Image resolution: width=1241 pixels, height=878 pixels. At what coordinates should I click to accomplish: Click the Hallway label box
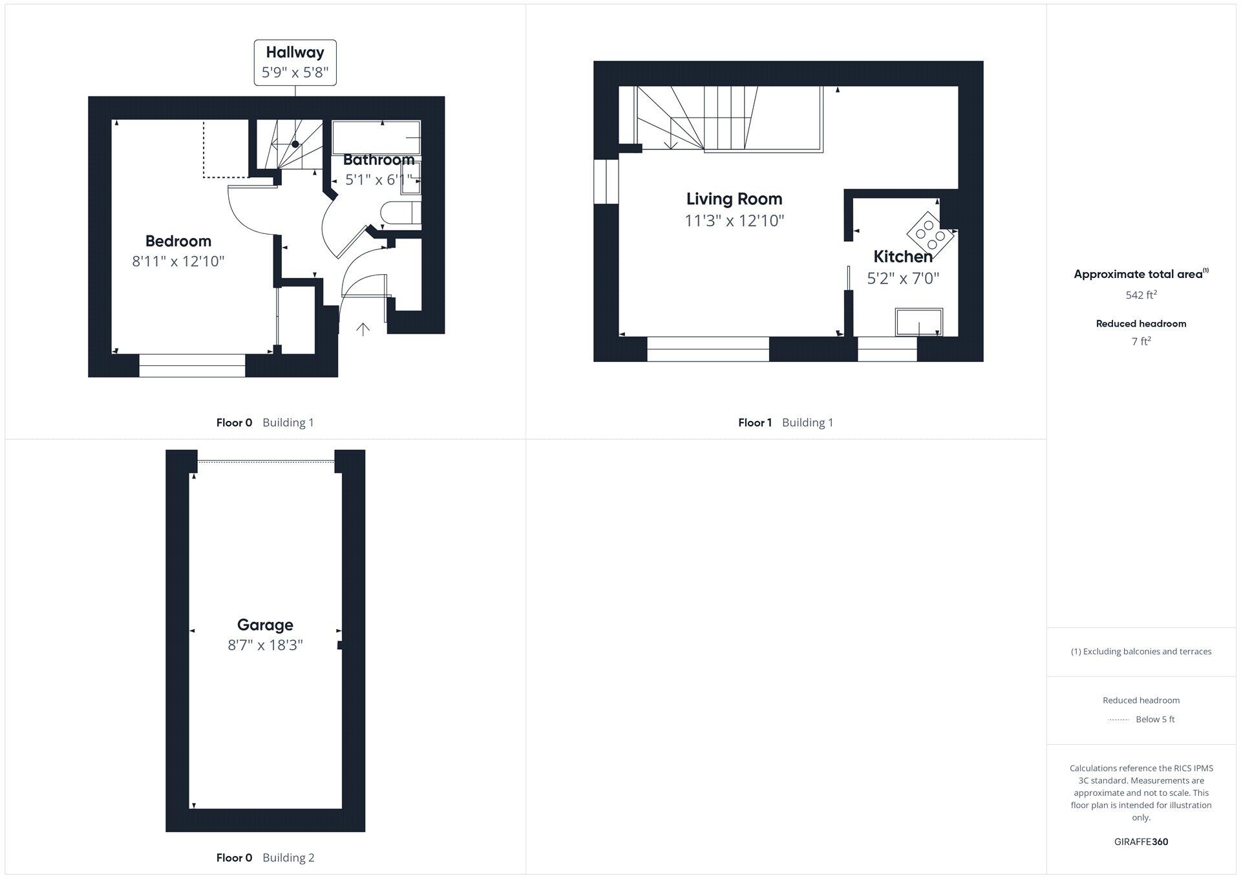[295, 62]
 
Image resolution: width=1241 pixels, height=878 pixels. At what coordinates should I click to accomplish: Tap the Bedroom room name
[178, 241]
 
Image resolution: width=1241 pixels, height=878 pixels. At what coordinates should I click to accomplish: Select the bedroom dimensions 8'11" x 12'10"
[178, 262]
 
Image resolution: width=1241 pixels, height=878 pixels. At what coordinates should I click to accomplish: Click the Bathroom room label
[379, 160]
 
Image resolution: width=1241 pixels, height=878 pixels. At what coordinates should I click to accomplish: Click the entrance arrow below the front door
[363, 330]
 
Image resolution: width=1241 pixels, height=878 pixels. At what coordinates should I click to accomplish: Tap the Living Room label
[734, 199]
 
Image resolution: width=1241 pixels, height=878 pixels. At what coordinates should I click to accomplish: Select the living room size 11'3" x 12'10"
[734, 221]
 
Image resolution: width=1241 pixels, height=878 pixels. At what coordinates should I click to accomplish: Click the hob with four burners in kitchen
[931, 231]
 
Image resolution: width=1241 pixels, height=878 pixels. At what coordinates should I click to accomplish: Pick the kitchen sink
[918, 322]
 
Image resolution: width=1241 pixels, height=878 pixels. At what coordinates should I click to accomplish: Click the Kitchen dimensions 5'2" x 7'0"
[903, 279]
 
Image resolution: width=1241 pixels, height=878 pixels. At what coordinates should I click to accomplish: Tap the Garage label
[265, 625]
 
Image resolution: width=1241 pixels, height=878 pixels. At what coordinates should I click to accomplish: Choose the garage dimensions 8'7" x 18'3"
[265, 645]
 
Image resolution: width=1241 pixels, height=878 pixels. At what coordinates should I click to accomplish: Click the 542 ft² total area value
[1141, 295]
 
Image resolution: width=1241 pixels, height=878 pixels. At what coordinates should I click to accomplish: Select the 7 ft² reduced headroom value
[1141, 341]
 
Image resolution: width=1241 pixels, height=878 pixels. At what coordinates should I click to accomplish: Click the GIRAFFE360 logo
[1141, 842]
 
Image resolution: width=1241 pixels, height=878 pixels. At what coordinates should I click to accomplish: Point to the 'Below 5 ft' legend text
[1155, 720]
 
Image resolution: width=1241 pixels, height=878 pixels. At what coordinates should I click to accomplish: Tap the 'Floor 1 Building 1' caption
[785, 423]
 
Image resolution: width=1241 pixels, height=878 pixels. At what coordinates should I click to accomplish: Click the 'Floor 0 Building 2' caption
[265, 858]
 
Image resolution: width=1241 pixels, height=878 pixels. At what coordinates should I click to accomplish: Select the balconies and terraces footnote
[1141, 652]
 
